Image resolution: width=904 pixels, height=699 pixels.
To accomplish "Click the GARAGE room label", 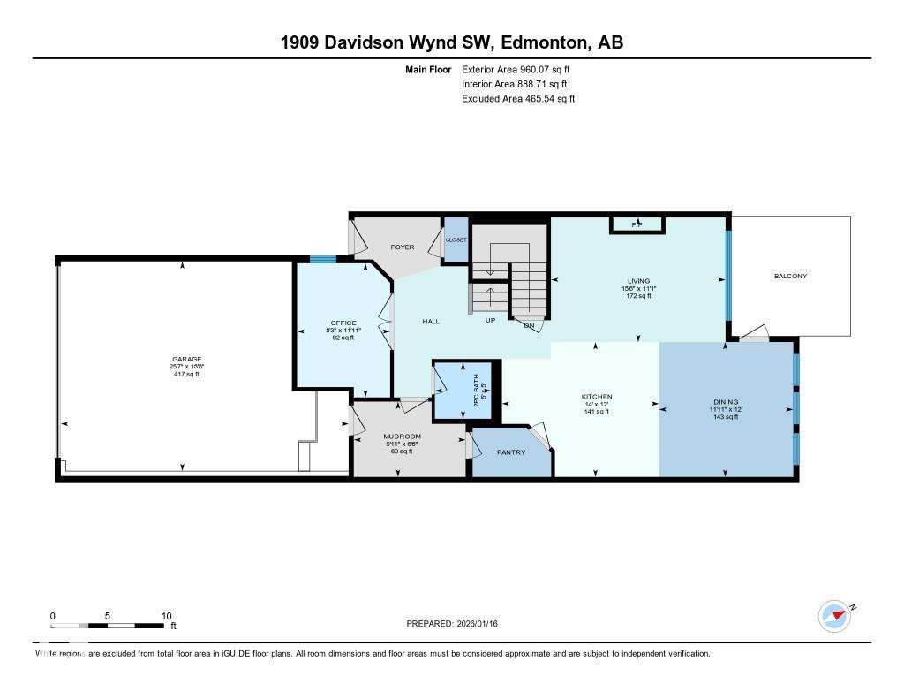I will click(186, 360).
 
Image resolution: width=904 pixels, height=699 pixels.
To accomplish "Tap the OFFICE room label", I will click(343, 323).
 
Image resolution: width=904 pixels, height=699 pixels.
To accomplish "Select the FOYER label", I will click(403, 247).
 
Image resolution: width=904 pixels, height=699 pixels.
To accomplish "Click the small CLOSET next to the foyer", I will click(456, 239).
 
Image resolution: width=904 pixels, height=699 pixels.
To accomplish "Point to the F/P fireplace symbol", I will click(637, 225).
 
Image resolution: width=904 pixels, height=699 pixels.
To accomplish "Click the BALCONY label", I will click(790, 276).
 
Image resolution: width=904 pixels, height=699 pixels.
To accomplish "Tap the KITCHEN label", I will click(596, 397).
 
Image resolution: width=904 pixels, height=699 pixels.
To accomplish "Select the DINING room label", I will click(726, 402).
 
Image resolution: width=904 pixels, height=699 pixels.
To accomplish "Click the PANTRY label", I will click(510, 452).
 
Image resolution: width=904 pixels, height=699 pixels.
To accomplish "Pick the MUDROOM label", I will click(402, 437).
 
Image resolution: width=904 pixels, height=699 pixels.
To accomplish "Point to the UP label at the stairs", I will click(490, 320).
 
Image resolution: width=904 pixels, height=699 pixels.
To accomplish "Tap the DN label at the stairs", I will click(530, 326).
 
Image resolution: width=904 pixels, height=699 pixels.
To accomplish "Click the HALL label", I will click(431, 322).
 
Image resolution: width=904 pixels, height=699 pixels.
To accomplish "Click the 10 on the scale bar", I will click(166, 616).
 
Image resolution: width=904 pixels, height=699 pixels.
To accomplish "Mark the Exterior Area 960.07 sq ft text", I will click(522, 69).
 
